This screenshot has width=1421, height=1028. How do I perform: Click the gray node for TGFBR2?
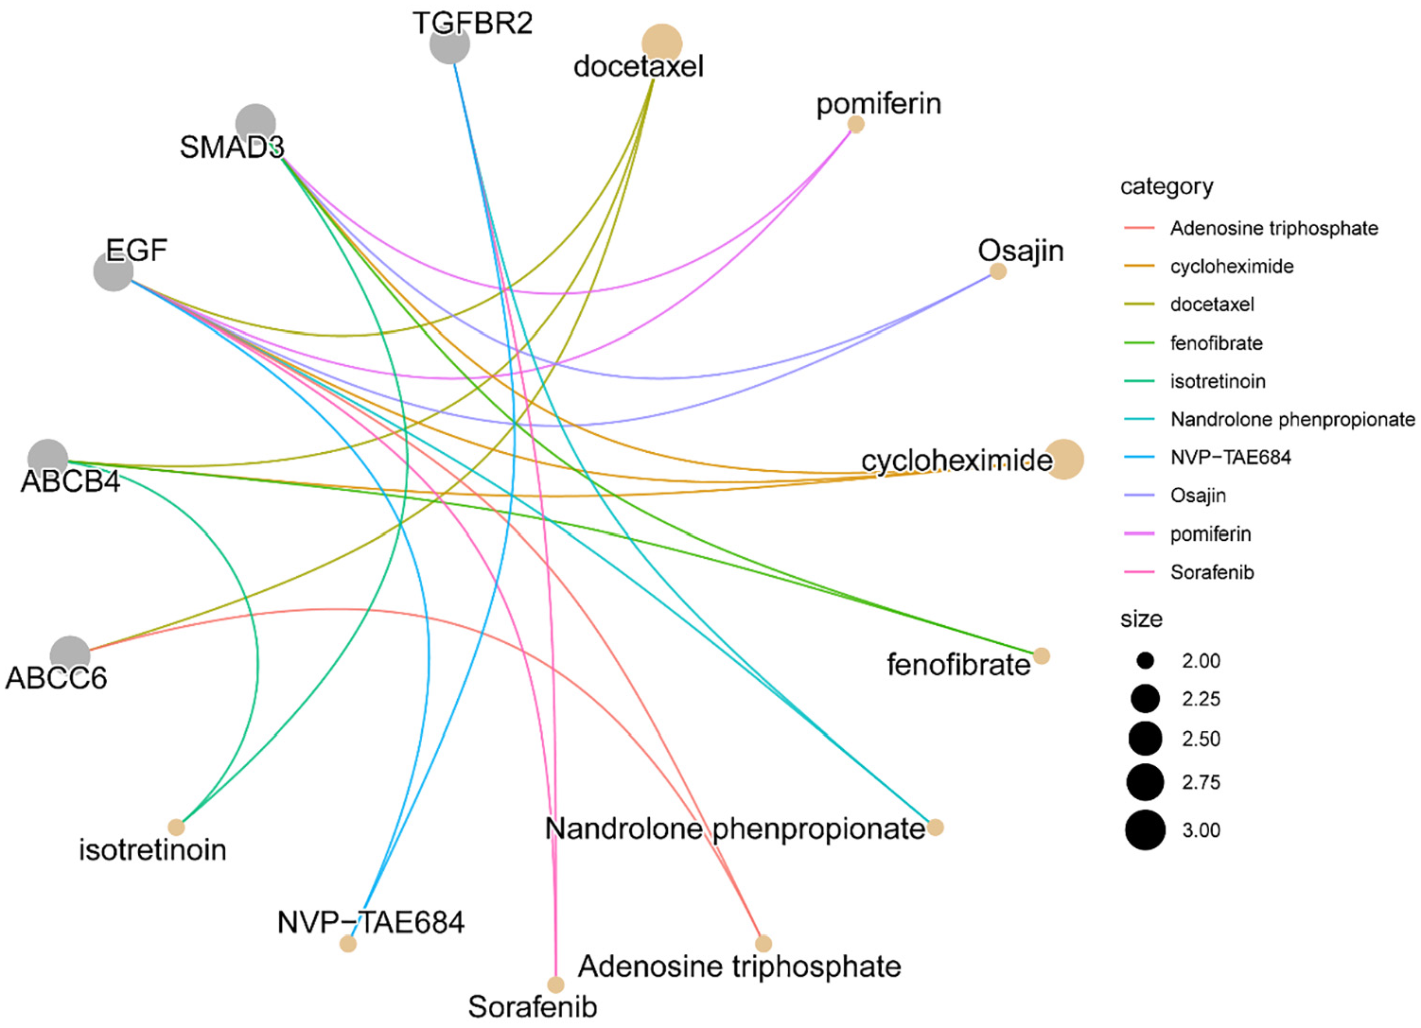point(449,44)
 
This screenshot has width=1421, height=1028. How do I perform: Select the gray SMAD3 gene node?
point(255,124)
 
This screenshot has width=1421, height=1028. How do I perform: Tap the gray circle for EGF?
point(114,271)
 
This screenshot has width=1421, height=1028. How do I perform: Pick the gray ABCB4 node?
point(48,459)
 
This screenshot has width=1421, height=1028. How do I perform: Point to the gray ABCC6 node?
point(70,655)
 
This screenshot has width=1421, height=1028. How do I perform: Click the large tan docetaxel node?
point(661,44)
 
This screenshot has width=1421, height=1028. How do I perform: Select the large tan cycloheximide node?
point(1063,459)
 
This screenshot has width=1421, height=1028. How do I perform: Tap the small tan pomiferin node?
point(856,124)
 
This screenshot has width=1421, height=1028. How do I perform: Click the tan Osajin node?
point(998,271)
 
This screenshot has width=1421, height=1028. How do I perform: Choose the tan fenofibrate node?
point(1042,655)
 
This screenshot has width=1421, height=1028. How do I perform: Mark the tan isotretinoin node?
point(176,827)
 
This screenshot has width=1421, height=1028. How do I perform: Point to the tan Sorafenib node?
point(555,984)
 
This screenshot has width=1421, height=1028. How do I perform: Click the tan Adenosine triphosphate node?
point(763,944)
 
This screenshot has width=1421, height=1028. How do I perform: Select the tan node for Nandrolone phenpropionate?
point(936,827)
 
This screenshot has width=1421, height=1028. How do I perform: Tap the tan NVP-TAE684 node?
point(348,944)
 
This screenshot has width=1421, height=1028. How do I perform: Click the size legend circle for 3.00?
point(1145,829)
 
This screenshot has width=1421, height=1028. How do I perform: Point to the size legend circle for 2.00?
point(1145,661)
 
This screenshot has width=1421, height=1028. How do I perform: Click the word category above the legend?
point(1167,187)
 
